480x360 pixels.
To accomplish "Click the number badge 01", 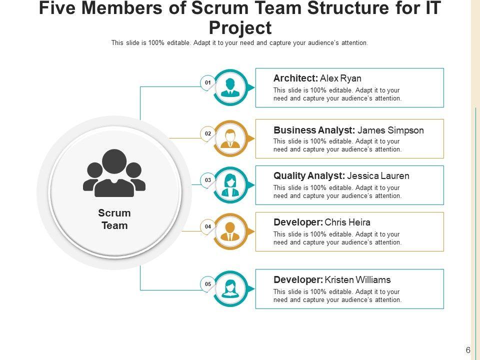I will pos(207,82).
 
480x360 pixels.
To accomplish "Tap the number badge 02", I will pos(207,133).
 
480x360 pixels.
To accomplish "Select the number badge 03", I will pos(207,180).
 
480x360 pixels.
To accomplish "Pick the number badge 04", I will pos(207,226).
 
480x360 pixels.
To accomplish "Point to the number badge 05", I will pos(207,284).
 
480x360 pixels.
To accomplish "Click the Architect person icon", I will pos(230,87).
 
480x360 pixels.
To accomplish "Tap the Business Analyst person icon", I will pos(230,138).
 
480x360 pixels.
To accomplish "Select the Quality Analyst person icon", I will pos(230,185).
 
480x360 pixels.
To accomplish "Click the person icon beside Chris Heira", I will pos(230,231).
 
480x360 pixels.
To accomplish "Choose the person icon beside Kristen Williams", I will pos(230,289).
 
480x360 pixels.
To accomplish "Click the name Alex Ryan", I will pos(340,78).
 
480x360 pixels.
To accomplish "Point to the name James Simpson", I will pos(390,130).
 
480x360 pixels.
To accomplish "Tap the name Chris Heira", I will pos(347,222).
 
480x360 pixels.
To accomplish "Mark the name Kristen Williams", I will pos(357,280).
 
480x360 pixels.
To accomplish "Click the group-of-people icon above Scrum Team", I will pos(114,173).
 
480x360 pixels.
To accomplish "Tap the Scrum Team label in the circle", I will pos(114,219).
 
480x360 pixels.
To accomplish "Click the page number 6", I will pos(468,350).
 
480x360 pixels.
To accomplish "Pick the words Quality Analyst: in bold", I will pos(309,176).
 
